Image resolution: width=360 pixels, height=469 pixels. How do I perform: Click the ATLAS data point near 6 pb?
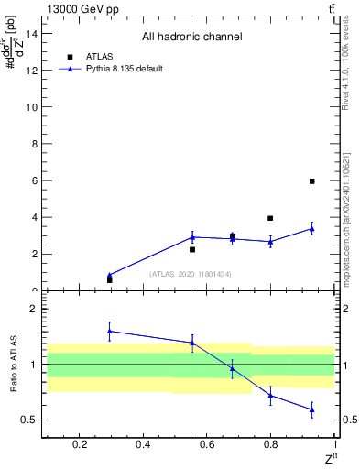[x=311, y=181]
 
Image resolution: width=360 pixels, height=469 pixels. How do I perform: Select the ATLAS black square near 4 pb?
[x=270, y=218]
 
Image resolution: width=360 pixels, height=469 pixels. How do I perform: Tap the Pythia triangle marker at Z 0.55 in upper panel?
[x=192, y=237]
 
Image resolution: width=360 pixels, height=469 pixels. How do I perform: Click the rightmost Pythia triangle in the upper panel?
[x=311, y=229]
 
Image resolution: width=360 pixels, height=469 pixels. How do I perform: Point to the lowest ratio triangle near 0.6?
[x=311, y=409]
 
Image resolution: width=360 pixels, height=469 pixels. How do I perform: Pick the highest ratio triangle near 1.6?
[x=110, y=331]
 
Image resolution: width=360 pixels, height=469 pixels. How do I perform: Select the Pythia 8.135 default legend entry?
[x=125, y=69]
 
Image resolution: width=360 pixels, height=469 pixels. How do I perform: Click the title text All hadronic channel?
[x=191, y=38]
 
